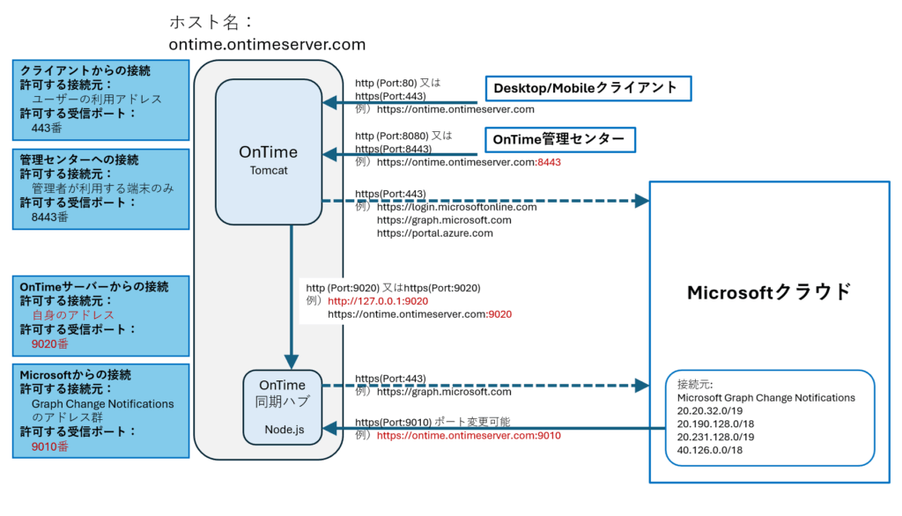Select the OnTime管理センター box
559,139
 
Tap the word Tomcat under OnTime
269,171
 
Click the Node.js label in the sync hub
283,429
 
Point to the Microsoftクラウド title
769,292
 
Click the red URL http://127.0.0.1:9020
378,301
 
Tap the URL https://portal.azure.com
435,233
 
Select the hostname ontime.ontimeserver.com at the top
267,44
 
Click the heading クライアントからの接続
85,70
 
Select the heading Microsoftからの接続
76,375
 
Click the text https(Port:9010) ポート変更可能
432,422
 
